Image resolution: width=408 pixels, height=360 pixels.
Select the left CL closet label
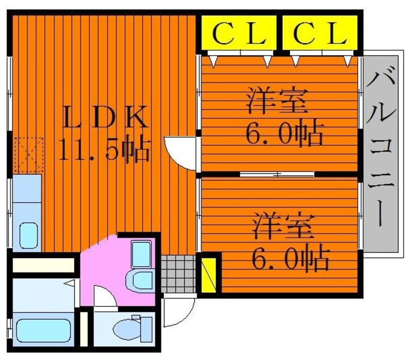[239, 33]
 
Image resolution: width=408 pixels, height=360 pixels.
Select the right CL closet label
[321, 33]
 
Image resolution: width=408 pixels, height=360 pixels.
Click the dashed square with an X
[28, 154]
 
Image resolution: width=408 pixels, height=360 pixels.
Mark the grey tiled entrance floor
[178, 274]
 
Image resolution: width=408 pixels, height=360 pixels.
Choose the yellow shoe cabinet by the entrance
[208, 276]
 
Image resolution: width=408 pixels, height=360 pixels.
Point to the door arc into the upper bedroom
[180, 152]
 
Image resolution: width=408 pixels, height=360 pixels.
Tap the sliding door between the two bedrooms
[277, 174]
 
